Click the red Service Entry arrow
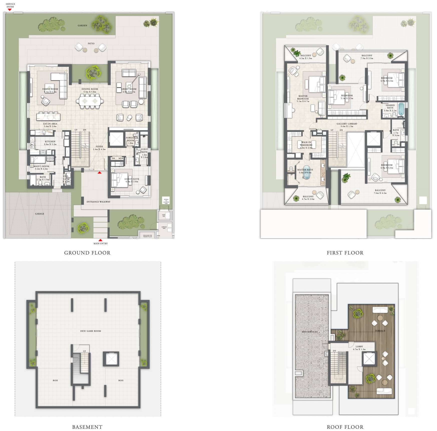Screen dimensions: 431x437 [10, 10]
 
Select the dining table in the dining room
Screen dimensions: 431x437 [90, 101]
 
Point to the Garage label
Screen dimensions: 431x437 [40, 214]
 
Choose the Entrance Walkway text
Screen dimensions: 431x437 [98, 202]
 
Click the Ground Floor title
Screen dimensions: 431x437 [87, 253]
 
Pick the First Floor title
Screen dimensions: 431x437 [345, 253]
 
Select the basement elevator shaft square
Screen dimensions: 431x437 [111, 359]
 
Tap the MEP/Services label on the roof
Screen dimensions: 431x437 [309, 332]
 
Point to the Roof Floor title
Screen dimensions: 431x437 [345, 427]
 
